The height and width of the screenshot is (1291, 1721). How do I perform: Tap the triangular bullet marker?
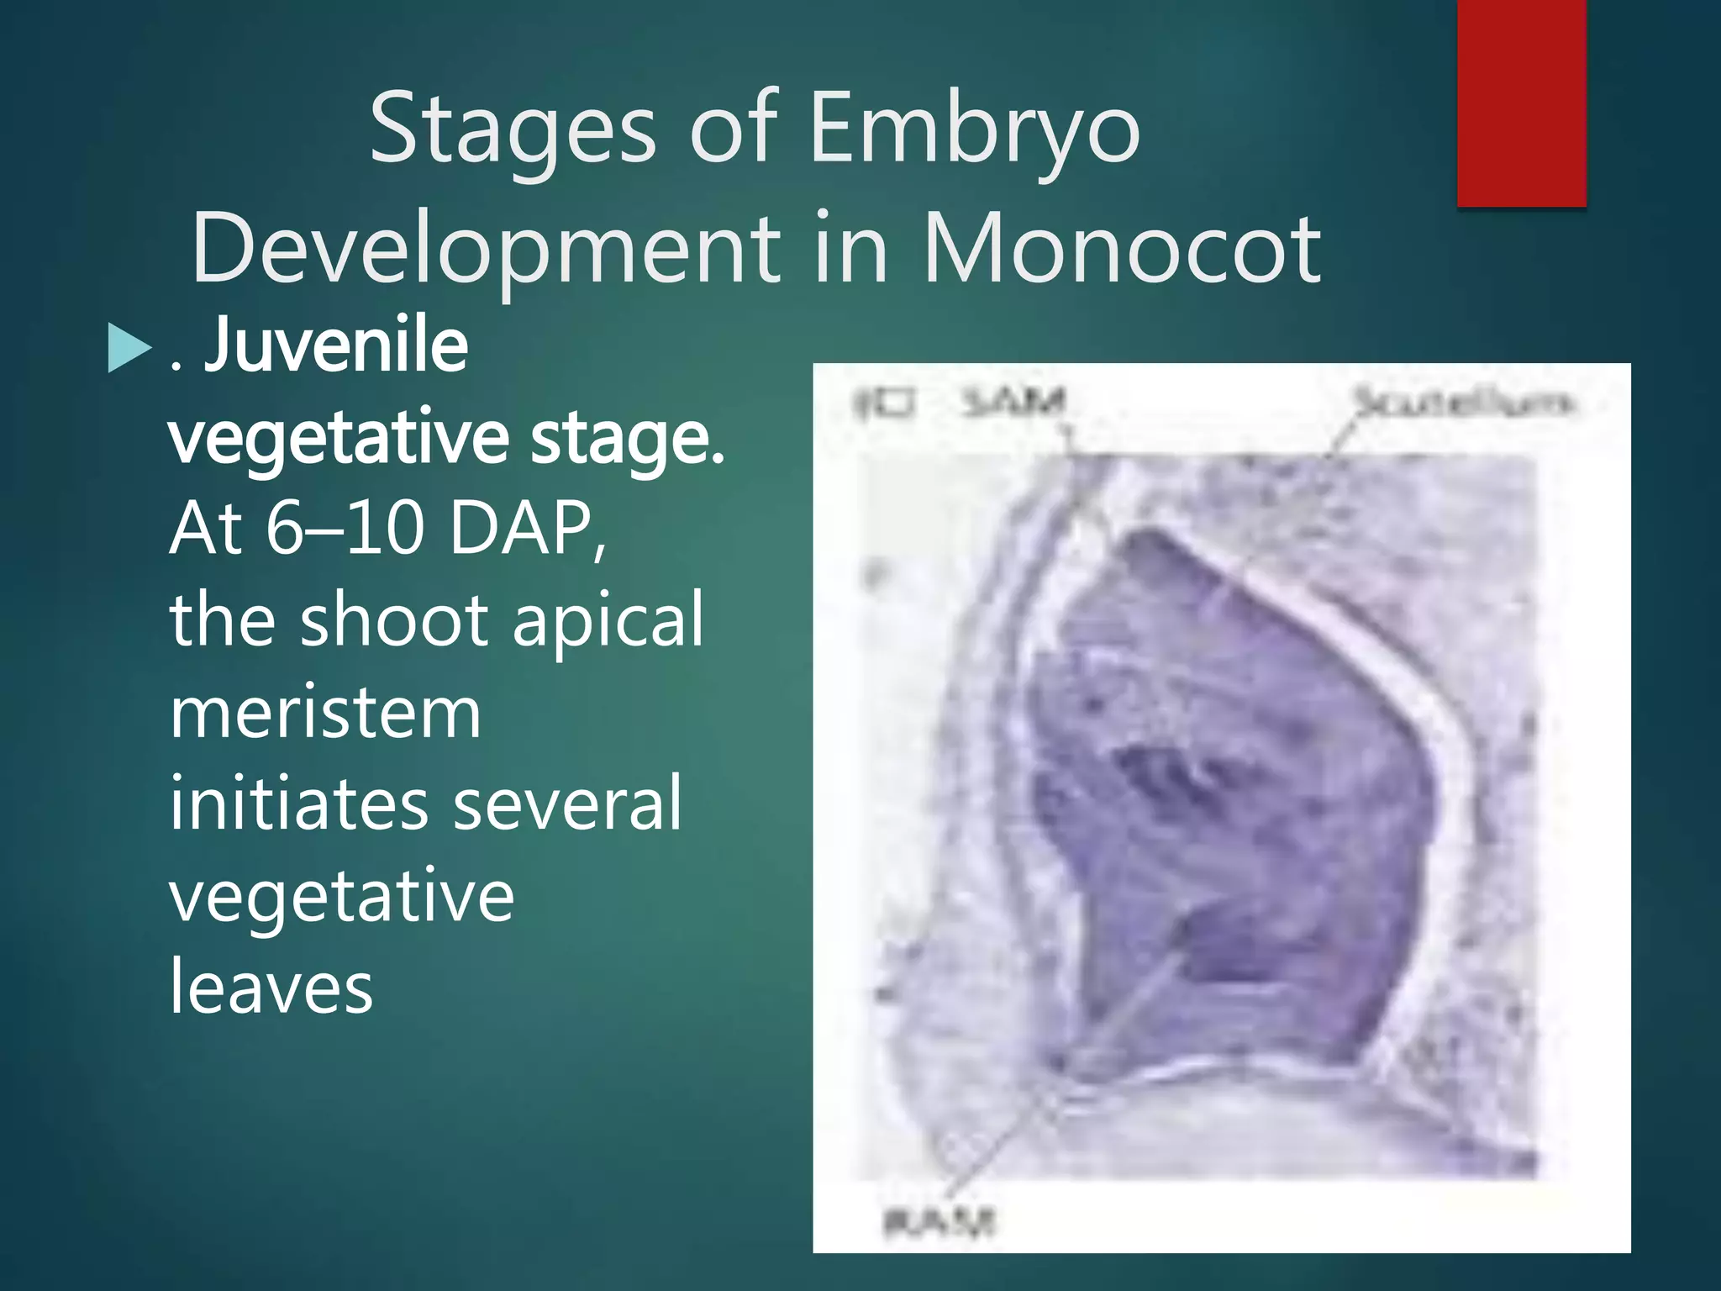click(x=129, y=349)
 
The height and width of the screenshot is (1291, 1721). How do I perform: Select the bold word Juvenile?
click(x=336, y=346)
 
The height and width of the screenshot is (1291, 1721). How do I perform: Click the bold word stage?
click(x=626, y=439)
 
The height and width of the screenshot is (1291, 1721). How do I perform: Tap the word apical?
click(x=608, y=622)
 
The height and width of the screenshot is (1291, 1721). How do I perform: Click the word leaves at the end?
click(x=271, y=987)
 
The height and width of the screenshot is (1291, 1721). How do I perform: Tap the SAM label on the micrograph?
click(x=1013, y=402)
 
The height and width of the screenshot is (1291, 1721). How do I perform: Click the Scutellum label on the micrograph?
click(x=1460, y=402)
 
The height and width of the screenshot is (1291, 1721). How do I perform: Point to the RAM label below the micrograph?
click(x=939, y=1220)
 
